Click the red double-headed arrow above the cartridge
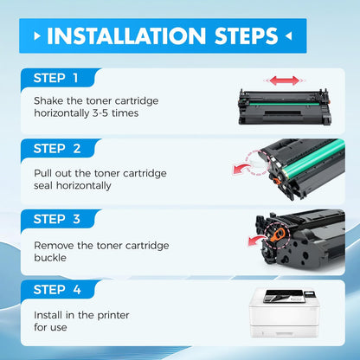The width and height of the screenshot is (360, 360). coord(284,80)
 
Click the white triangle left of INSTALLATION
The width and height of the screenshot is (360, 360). coord(35,36)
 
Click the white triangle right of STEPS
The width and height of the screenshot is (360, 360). coord(288,36)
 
